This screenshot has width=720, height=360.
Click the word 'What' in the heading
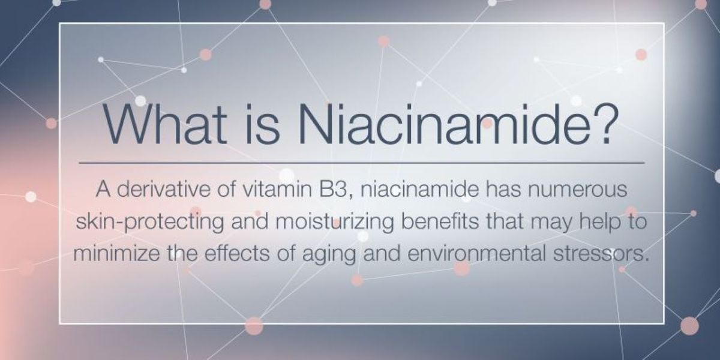[164, 124]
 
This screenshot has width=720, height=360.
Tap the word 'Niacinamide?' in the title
[458, 124]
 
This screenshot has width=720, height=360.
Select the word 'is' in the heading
[263, 124]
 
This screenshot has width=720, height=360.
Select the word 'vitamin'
[277, 189]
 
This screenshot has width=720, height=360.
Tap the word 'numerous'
[578, 190]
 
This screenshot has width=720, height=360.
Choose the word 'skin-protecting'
[150, 223]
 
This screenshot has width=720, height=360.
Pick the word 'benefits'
[440, 221]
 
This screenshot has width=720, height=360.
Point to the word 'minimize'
[116, 253]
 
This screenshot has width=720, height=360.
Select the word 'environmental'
[477, 253]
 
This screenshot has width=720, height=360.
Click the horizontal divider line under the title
[362, 163]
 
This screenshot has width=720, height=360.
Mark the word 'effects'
[237, 253]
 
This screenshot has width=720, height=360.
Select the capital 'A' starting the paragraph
[103, 189]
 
